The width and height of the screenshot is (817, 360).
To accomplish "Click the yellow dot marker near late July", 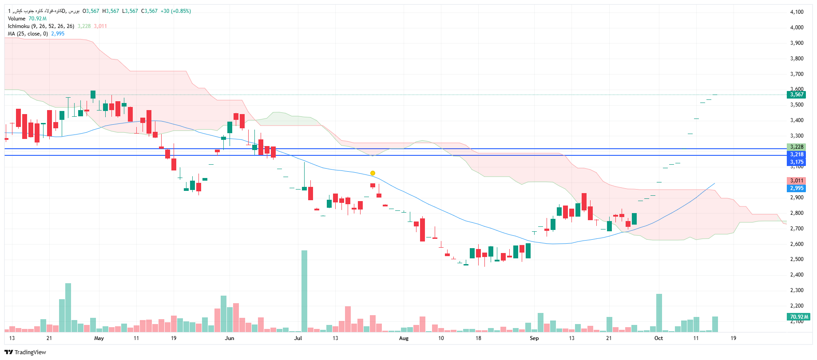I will click(x=373, y=173).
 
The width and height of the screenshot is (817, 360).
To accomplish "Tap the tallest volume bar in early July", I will click(x=304, y=291).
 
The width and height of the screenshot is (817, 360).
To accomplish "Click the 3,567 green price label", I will click(x=797, y=95).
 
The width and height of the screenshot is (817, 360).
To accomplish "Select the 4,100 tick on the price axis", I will click(x=797, y=12).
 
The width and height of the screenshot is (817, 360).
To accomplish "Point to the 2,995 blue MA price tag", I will click(x=797, y=188).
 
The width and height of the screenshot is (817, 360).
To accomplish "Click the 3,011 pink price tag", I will click(x=797, y=181).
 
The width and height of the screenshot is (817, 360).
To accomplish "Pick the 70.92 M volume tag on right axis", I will click(x=798, y=317).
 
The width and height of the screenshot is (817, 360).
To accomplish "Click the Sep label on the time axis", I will click(x=534, y=338).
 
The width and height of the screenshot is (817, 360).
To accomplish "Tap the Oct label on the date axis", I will click(x=658, y=338).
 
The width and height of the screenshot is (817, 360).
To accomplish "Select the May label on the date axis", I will click(x=99, y=338).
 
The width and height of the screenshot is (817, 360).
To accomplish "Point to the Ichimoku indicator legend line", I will click(x=41, y=26).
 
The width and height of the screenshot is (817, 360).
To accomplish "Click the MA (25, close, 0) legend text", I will click(x=28, y=34).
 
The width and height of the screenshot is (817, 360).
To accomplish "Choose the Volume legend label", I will click(x=17, y=19).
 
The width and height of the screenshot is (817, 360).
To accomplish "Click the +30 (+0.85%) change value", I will click(x=176, y=11).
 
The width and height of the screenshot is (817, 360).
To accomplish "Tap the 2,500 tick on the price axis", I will click(x=797, y=259).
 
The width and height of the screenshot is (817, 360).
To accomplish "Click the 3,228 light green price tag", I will click(x=797, y=147).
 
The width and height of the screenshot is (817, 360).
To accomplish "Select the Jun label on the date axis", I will click(x=230, y=338).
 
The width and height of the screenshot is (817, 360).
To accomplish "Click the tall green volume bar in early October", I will click(x=659, y=313).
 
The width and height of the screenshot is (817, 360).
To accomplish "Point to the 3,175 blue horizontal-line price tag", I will click(x=797, y=162).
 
